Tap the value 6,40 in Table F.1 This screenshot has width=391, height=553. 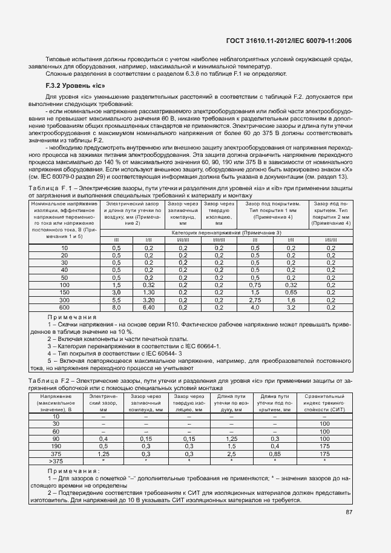click(149, 307)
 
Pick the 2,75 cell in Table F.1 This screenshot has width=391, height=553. click(255, 300)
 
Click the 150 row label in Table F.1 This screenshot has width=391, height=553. click(64, 292)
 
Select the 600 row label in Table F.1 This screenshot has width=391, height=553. click(64, 307)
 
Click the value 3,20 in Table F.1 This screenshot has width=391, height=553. click(149, 300)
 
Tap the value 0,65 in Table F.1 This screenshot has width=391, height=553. click(291, 292)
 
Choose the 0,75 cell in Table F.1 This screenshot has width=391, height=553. click(255, 285)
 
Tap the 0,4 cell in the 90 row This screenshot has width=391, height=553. click(103, 438)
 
